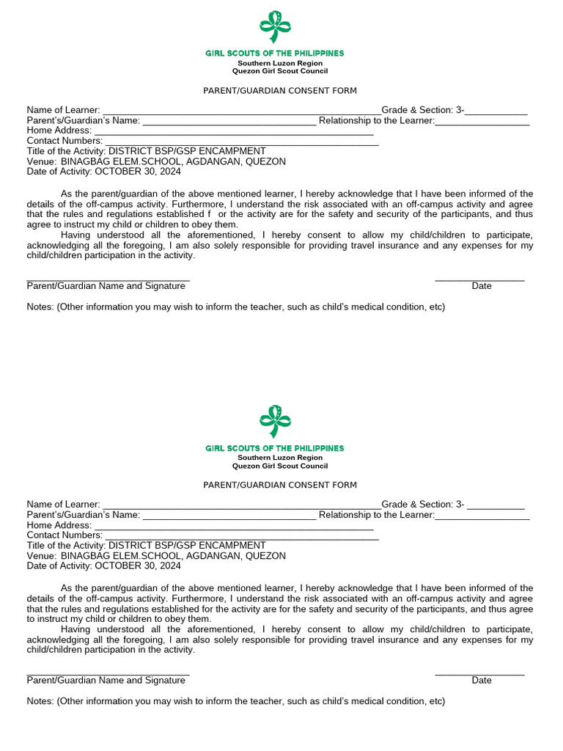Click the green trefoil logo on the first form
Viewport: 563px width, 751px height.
275,27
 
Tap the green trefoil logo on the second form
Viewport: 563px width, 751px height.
275,422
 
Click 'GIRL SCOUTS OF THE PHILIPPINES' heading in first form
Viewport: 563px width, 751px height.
274,54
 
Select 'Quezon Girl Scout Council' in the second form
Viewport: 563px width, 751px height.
280,466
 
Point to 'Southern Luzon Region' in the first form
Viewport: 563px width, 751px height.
280,63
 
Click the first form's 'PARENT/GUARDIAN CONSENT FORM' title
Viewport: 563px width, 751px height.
280,91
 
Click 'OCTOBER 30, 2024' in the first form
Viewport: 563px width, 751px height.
137,172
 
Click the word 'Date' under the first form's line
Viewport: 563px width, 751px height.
482,286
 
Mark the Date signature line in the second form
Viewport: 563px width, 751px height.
479,673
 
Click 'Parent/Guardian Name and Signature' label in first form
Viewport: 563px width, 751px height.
106,286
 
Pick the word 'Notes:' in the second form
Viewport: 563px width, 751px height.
41,701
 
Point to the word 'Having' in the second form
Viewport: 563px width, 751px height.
76,629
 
